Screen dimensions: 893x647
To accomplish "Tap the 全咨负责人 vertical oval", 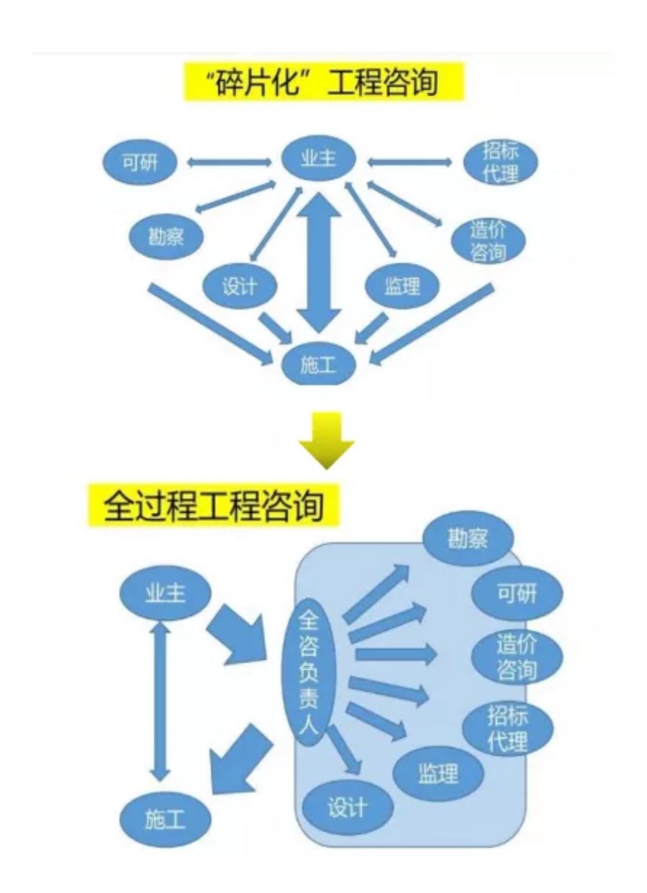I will pyautogui.click(x=309, y=672).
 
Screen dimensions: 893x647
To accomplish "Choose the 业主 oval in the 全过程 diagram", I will pyautogui.click(x=165, y=594).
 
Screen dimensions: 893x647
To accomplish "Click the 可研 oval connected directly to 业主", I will pyautogui.click(x=140, y=162).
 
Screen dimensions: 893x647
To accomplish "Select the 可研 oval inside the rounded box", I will pyautogui.click(x=516, y=594).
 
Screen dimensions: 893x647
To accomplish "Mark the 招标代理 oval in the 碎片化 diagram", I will pyautogui.click(x=501, y=163).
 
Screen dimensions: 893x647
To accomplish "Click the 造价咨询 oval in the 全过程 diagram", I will pyautogui.click(x=516, y=657).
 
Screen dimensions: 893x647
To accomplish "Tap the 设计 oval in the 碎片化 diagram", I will pyautogui.click(x=239, y=286).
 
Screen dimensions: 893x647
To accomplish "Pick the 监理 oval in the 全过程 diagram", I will pyautogui.click(x=438, y=773).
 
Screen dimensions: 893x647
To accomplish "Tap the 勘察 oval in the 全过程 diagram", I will pyautogui.click(x=468, y=539).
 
